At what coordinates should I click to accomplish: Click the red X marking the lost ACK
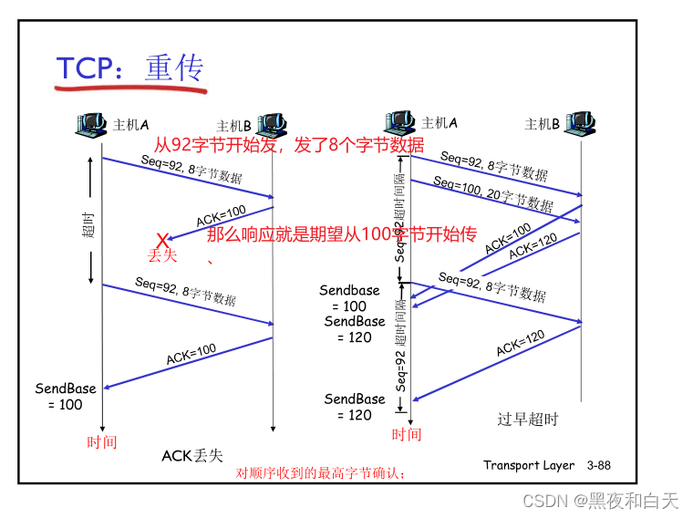click(x=162, y=240)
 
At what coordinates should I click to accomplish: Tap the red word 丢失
click(x=162, y=256)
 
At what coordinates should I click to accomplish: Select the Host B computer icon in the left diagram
click(x=273, y=125)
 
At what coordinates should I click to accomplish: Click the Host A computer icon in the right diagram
click(x=401, y=123)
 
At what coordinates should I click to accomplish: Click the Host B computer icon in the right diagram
click(x=580, y=123)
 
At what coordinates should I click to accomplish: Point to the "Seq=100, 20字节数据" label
click(x=493, y=192)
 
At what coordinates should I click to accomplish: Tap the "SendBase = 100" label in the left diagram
click(x=66, y=397)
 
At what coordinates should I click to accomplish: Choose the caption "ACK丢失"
click(x=192, y=455)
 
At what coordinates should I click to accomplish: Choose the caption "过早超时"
click(x=527, y=420)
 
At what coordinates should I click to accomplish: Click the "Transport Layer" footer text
click(x=529, y=465)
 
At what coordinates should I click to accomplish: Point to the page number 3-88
click(x=599, y=465)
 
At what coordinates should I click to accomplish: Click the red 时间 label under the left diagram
click(x=102, y=442)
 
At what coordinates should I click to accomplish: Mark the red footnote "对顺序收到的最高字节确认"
click(x=320, y=473)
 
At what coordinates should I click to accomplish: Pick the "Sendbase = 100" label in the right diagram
click(x=349, y=298)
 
